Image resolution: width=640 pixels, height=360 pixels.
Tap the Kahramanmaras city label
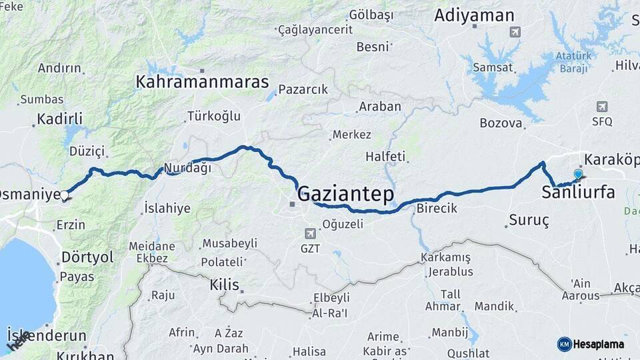point(202,82)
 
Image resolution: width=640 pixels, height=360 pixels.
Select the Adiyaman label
point(474,16)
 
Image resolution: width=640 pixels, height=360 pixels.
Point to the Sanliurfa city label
point(578,194)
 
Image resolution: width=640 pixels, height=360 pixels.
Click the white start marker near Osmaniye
point(65,196)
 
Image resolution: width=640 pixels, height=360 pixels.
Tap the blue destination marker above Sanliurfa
point(578,175)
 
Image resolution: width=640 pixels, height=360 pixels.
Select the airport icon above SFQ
point(602,107)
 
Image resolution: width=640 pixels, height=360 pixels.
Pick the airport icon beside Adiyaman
point(514,31)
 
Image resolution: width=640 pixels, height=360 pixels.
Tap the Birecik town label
point(437,208)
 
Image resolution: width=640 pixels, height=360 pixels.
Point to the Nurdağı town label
point(187,168)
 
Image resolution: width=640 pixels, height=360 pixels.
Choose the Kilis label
point(224,285)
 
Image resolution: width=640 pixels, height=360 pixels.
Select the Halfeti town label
point(385,157)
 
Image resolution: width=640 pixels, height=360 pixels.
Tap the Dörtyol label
point(87,257)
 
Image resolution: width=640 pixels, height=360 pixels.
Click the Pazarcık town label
point(303,89)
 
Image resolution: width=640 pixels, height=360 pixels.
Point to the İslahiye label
point(167,208)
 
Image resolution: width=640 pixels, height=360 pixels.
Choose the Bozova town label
point(501,123)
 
